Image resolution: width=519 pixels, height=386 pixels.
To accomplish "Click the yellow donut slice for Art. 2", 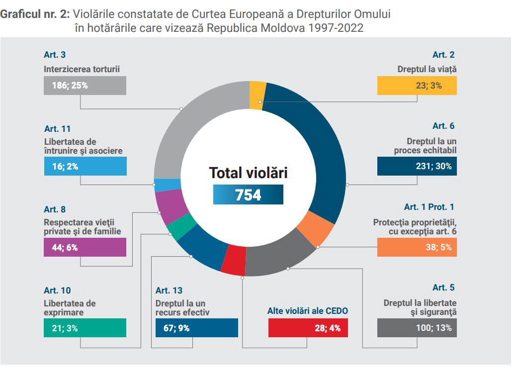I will point(258,94).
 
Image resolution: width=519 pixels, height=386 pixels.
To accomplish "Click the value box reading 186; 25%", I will point(85,85).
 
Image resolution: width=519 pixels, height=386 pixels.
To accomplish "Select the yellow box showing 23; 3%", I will point(417,85).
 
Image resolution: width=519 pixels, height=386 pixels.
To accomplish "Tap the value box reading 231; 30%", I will point(417,166).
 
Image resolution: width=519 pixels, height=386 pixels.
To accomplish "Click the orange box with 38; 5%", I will point(417,247).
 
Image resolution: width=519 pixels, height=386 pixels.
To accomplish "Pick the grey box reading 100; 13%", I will point(417,328).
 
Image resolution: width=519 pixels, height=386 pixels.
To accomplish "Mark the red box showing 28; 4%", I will point(308,328).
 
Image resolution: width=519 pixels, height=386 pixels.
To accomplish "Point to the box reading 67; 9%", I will point(196,328).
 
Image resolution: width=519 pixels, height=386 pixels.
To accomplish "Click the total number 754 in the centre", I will point(248,194).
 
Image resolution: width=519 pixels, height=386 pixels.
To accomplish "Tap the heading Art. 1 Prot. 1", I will point(429,207).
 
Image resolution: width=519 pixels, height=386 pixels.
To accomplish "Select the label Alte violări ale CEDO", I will point(308,311).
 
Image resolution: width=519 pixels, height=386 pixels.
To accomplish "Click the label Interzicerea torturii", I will point(82,69).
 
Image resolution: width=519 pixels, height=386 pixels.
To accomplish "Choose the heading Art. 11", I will point(57,129).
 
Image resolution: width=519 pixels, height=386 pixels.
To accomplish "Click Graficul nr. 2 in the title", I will point(35,14).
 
